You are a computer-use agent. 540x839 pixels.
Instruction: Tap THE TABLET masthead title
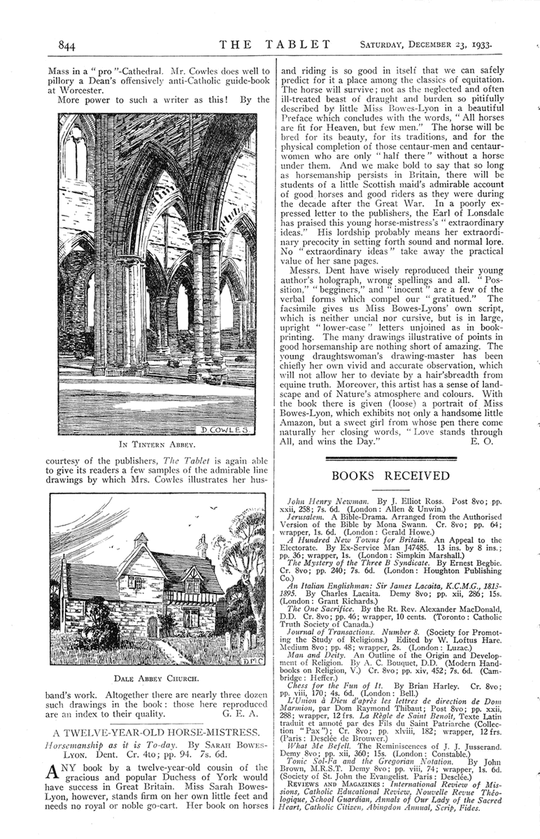[275, 45]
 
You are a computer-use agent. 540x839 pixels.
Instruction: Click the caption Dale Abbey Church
[157, 677]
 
